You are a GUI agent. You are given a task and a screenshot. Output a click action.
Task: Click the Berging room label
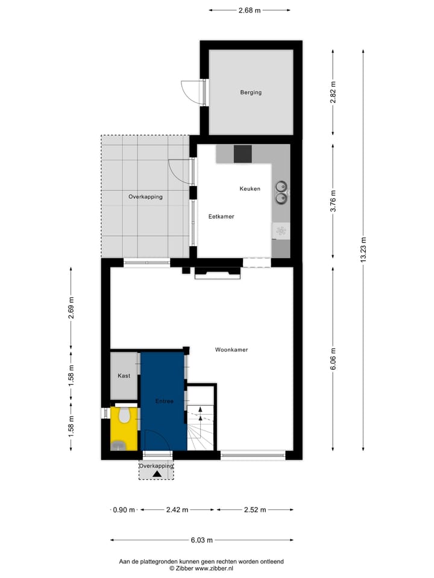click(251, 92)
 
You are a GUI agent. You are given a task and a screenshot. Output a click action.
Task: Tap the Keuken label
click(250, 188)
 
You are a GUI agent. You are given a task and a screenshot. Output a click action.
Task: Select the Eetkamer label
click(221, 216)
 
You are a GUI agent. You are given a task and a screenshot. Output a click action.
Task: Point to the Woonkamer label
click(231, 349)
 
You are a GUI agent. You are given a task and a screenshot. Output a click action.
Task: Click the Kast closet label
click(124, 376)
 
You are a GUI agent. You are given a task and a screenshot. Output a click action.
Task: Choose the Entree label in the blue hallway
click(163, 401)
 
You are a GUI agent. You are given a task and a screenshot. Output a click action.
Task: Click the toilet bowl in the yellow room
click(125, 415)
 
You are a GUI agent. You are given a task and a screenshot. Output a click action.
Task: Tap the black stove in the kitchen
click(242, 154)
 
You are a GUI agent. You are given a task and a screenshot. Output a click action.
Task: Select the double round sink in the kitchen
click(281, 191)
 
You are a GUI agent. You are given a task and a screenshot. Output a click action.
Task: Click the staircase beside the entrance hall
click(201, 429)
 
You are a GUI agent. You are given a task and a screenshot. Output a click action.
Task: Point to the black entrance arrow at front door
click(157, 474)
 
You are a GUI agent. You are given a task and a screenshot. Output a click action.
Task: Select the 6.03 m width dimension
click(201, 540)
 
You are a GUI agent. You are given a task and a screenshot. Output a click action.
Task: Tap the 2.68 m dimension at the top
click(249, 10)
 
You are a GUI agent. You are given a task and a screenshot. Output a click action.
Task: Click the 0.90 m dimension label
click(124, 510)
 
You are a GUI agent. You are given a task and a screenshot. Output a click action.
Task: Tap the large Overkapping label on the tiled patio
click(145, 197)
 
